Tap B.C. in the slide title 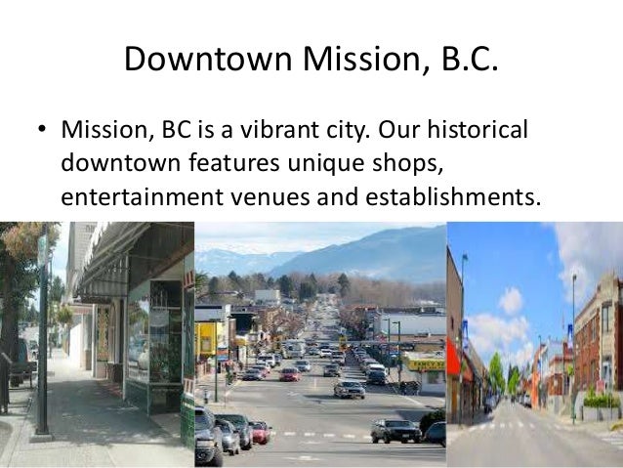pyautogui.click(x=459, y=62)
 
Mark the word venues pyautogui.click(x=299, y=196)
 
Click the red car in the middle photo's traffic pyautogui.click(x=290, y=374)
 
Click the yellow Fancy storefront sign pyautogui.click(x=426, y=363)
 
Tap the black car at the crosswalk pyautogui.click(x=395, y=430)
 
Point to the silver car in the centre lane pyautogui.click(x=349, y=389)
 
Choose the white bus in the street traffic pyautogui.click(x=294, y=348)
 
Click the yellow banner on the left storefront pyautogui.click(x=206, y=339)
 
